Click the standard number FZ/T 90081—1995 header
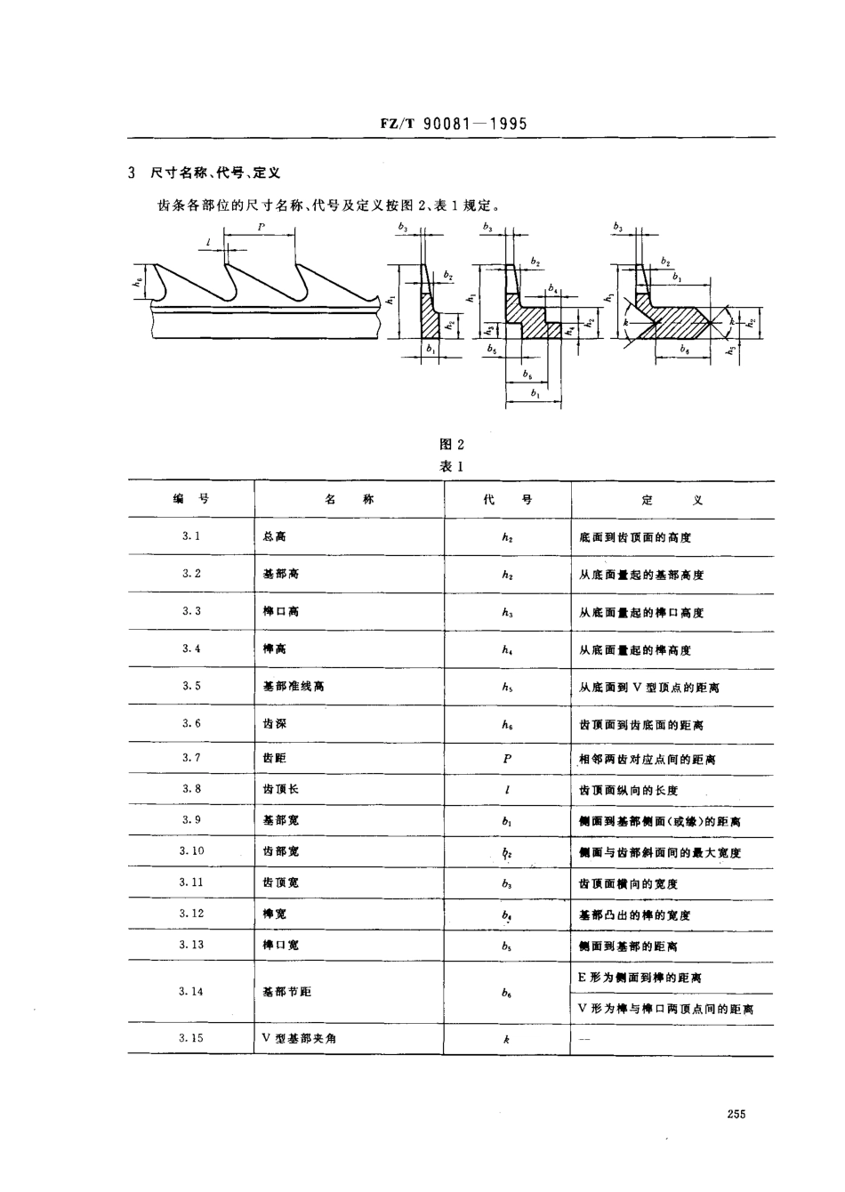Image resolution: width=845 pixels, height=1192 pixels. [x=451, y=124]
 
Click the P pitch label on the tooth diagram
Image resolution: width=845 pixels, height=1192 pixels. [x=262, y=228]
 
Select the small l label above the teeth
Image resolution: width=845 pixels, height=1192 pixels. [x=207, y=241]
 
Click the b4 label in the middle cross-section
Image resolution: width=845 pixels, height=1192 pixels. [x=553, y=289]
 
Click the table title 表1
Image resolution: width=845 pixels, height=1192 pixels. [x=452, y=466]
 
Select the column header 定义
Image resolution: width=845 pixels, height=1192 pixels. [x=672, y=500]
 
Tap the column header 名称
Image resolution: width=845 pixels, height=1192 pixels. [x=350, y=500]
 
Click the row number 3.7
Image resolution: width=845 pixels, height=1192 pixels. [x=191, y=757]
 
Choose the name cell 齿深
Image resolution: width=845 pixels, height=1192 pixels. [x=275, y=724]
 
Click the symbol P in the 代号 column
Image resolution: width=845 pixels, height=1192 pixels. [x=507, y=759]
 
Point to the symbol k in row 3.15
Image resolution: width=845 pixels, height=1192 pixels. [x=506, y=1038]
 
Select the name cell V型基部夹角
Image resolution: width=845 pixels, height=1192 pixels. [x=300, y=1038]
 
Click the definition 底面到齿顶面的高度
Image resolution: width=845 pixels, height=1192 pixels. [x=635, y=537]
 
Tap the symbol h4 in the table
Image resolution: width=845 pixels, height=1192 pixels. [x=507, y=650]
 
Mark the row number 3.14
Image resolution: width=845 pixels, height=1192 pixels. [x=191, y=991]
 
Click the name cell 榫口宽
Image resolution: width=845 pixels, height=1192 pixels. [x=281, y=945]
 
